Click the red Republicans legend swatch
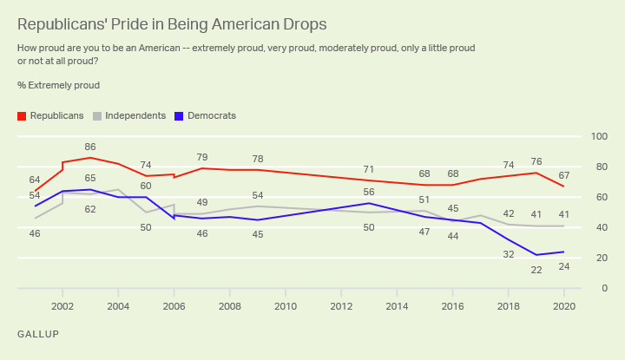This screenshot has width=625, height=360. point(22,115)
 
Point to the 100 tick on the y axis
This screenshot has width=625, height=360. point(598,137)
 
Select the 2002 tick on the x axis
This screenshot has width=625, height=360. point(62,306)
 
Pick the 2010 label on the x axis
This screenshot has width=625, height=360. point(286,306)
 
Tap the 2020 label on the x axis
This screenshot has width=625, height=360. point(564,306)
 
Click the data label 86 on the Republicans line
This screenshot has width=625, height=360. point(90,147)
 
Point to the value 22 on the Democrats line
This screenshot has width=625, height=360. point(536,270)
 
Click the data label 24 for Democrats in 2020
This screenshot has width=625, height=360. point(564,267)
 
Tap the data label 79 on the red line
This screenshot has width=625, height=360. point(201,157)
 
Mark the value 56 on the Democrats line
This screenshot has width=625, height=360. point(369,192)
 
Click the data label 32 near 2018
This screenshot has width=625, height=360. point(509,254)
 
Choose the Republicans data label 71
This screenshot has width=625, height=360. point(369,169)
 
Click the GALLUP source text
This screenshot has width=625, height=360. point(37,334)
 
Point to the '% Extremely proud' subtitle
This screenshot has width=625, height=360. point(58,85)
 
